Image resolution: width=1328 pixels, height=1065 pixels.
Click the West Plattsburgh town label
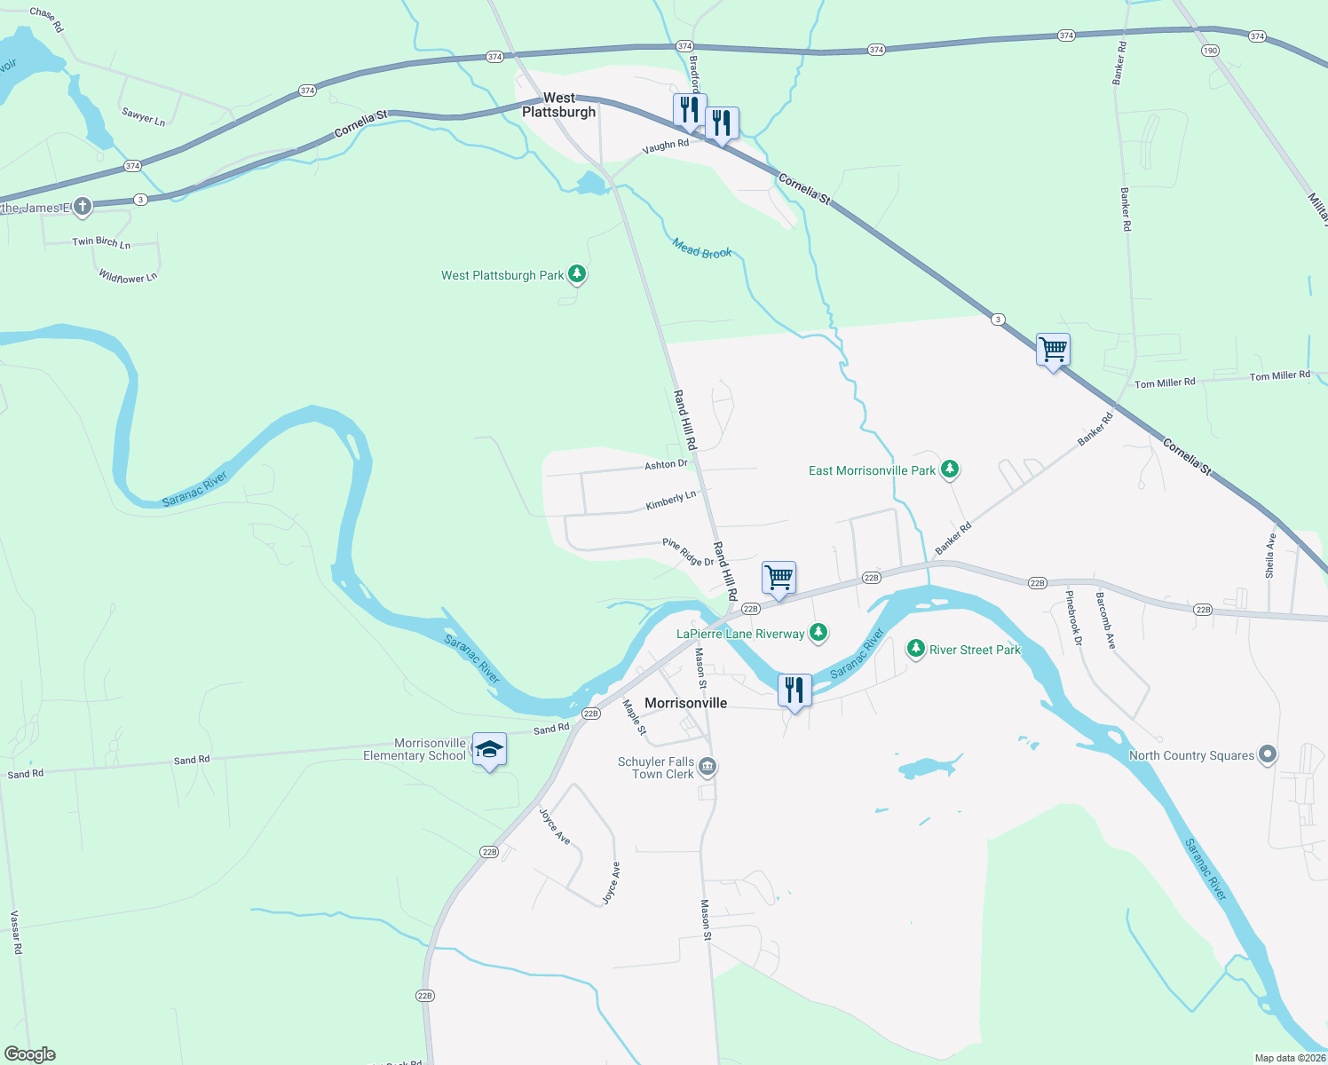[x=558, y=105]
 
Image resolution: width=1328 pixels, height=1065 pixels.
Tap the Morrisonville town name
[x=685, y=703]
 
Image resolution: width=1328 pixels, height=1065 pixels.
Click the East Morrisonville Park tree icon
[x=950, y=469]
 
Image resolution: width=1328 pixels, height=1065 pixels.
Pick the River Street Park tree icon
[x=916, y=649]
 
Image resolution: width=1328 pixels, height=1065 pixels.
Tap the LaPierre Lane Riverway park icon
[x=818, y=632]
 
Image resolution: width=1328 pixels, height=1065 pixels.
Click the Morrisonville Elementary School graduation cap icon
[x=489, y=750]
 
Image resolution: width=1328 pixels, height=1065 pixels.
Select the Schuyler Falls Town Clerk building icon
[x=707, y=767]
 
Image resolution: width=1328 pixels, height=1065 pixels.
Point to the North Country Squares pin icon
[x=1268, y=755]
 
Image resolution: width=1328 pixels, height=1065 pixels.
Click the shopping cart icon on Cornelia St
[x=1053, y=350]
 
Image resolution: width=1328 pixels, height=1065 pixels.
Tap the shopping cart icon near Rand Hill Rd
[x=779, y=578]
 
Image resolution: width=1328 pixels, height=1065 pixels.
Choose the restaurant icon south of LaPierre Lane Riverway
[x=794, y=690]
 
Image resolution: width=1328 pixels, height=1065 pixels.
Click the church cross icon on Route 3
[x=83, y=207]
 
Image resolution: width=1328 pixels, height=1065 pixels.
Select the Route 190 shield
[x=1210, y=51]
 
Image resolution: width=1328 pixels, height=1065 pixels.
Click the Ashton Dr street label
[x=666, y=464]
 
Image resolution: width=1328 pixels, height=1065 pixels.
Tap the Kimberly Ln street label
[x=671, y=501]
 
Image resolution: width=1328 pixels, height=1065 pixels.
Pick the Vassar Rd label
[x=15, y=932]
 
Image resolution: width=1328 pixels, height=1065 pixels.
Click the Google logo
[x=30, y=1054]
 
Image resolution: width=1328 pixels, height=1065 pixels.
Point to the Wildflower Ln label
[x=128, y=277]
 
